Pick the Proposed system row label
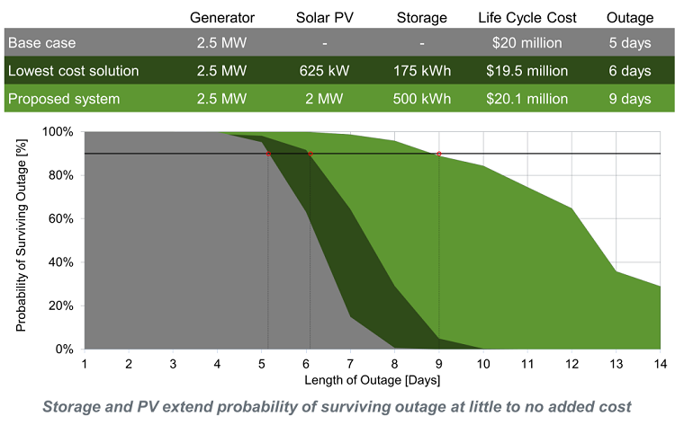(63, 99)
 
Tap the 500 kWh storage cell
(422, 99)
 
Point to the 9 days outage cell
(629, 99)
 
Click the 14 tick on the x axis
(661, 363)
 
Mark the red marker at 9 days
(439, 155)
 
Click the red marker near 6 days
(310, 155)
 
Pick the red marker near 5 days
(268, 155)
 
